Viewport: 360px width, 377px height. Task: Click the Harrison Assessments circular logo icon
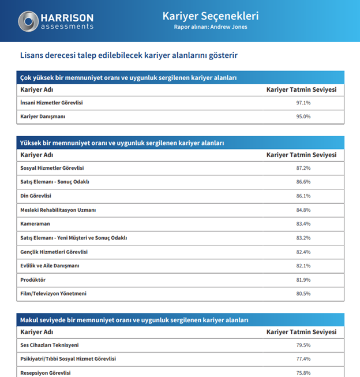coord(28,21)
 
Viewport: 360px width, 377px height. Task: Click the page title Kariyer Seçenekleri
coord(210,16)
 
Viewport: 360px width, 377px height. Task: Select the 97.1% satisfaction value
coord(303,103)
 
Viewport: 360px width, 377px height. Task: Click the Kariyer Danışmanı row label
coord(43,117)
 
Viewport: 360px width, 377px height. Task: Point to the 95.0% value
coord(303,117)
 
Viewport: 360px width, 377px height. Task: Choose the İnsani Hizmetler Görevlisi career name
coord(51,103)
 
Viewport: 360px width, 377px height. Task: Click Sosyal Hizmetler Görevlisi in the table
coord(52,168)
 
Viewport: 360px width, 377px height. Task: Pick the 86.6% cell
coord(303,182)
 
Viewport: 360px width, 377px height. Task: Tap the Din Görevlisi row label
coord(36,196)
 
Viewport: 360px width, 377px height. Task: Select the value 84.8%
coord(303,210)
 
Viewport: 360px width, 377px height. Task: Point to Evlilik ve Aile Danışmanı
coord(50,266)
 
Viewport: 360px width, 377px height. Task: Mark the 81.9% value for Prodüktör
coord(303,279)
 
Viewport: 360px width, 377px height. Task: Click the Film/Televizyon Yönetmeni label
coord(53,294)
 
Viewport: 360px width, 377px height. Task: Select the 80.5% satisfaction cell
coord(303,294)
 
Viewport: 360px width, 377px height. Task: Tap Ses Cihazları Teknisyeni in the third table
coord(49,345)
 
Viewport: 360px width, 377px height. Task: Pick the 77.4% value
coord(303,359)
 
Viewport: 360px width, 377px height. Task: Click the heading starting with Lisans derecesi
coord(128,56)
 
